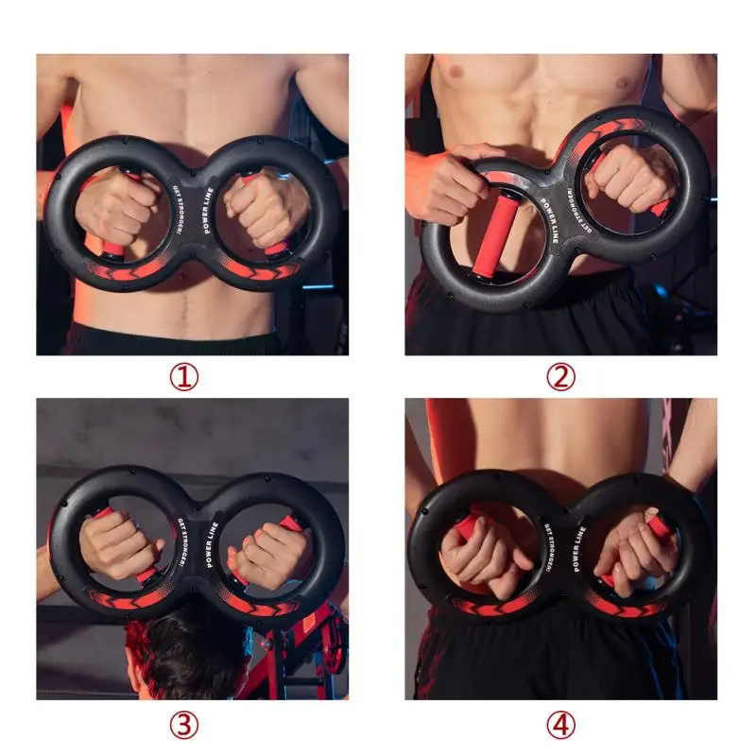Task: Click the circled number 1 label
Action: pos(184,378)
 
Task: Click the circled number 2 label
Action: pos(560,378)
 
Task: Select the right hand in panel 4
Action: pos(630,552)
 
